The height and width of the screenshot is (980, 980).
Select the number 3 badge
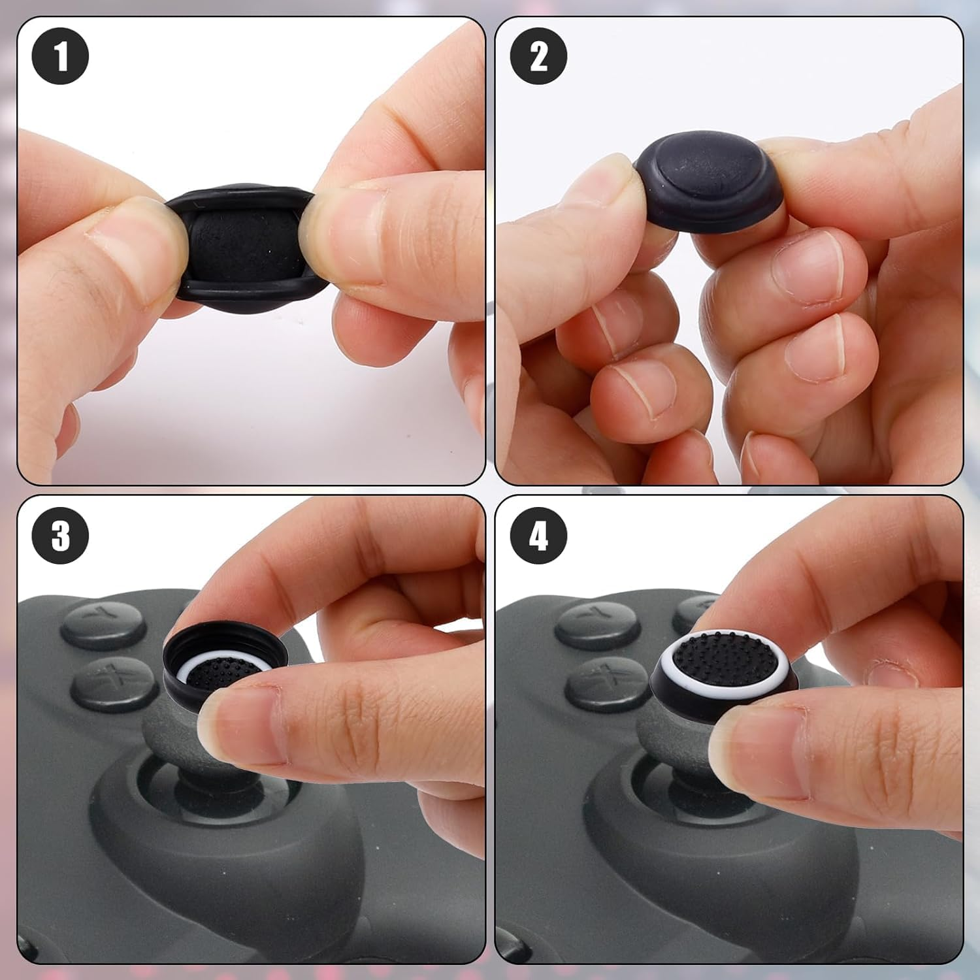[60, 536]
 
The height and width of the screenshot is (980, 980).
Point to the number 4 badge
[538, 536]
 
